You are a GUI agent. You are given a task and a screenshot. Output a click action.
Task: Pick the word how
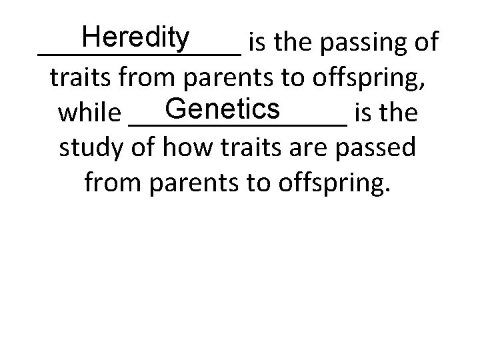tap(177, 147)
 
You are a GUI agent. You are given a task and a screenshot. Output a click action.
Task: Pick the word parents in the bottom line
tap(191, 182)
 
